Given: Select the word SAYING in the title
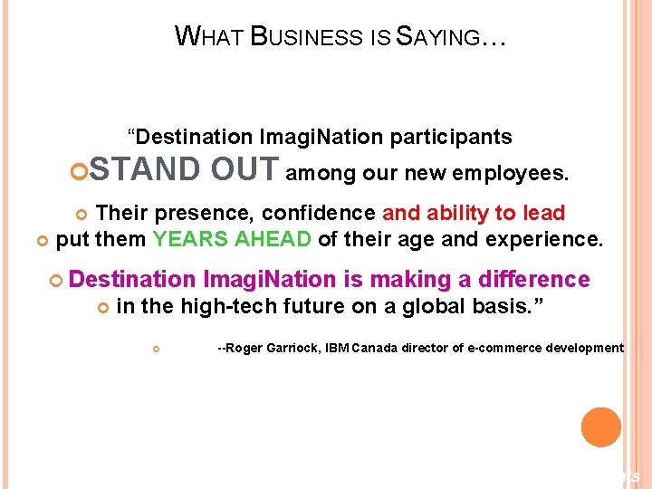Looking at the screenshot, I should pos(440,37).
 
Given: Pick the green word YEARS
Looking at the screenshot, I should pos(186,239).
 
